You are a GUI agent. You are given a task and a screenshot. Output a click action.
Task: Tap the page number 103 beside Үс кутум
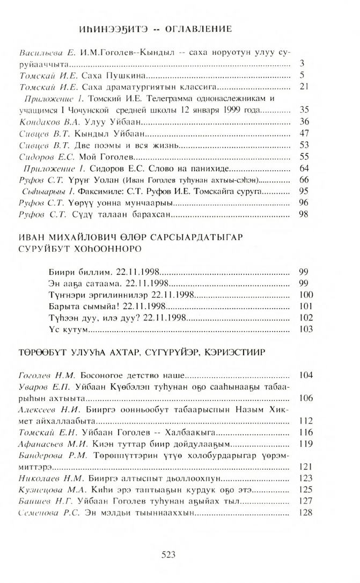304,329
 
